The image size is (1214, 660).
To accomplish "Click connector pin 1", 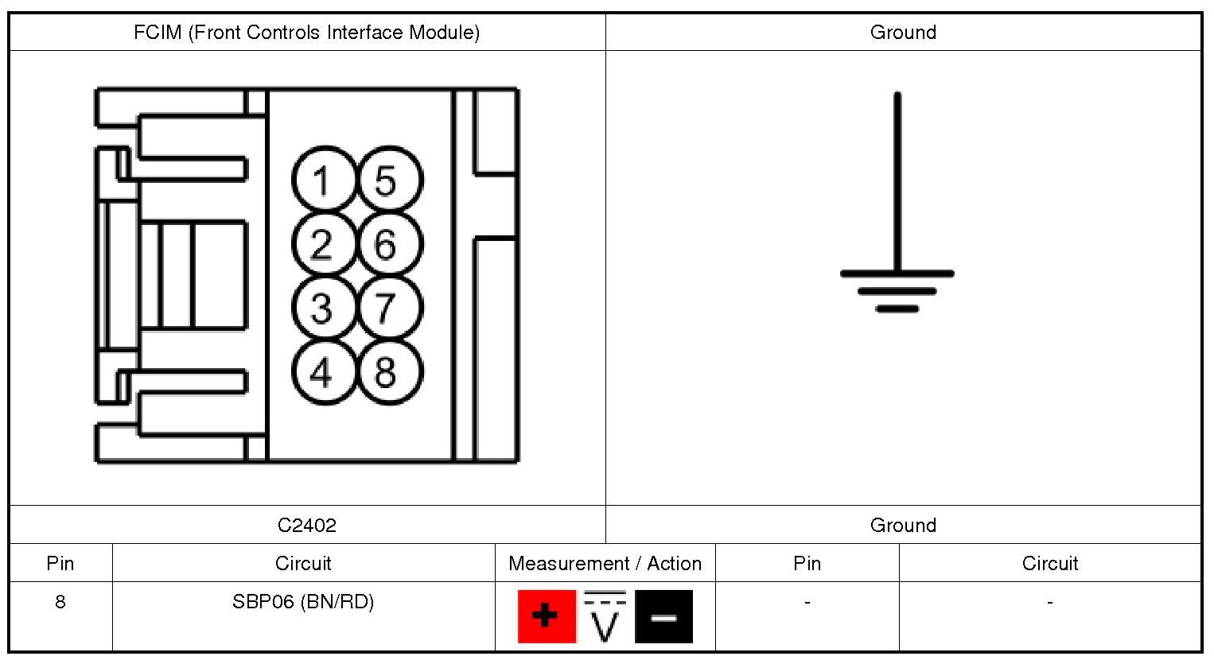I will coord(321,181).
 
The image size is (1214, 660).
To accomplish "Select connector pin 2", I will coord(321,244).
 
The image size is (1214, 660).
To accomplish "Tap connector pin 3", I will coord(321,308).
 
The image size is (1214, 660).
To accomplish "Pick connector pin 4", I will coord(321,371).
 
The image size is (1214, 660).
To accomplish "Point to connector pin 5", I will coord(387,181).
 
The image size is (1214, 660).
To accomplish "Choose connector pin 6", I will coord(387,244).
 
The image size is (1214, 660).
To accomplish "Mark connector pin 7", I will coord(387,308).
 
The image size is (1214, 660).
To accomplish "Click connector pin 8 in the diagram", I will coord(387,371).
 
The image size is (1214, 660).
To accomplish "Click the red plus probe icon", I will coord(547,616).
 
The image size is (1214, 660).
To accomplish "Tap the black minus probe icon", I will coord(663,616).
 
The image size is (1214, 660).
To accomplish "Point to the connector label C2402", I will coord(307,526).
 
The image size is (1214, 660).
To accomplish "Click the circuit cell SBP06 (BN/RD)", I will coord(303,602).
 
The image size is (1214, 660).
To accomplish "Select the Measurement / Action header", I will coord(605,564).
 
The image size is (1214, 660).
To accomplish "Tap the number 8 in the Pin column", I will coord(60,602).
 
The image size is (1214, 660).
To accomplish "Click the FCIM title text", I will coord(307,33).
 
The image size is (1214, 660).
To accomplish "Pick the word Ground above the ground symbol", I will coord(903,33).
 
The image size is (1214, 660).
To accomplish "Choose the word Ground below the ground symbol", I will coord(903,526).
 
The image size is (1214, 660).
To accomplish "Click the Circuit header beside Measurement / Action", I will coord(303,564).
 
